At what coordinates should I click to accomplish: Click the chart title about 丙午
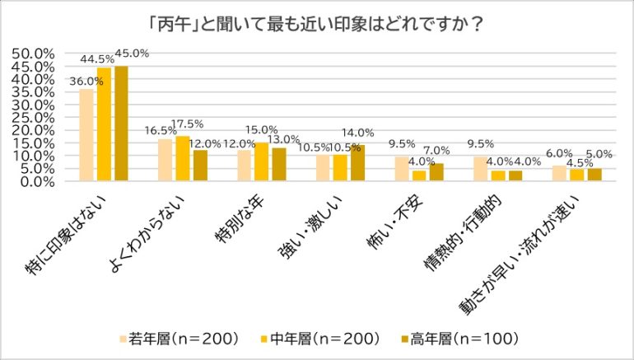317,21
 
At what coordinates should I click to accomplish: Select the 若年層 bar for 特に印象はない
86,134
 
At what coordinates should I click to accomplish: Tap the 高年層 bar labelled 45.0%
121,124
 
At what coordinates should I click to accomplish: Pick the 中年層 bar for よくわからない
183,159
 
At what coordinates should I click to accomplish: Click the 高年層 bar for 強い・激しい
357,163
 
